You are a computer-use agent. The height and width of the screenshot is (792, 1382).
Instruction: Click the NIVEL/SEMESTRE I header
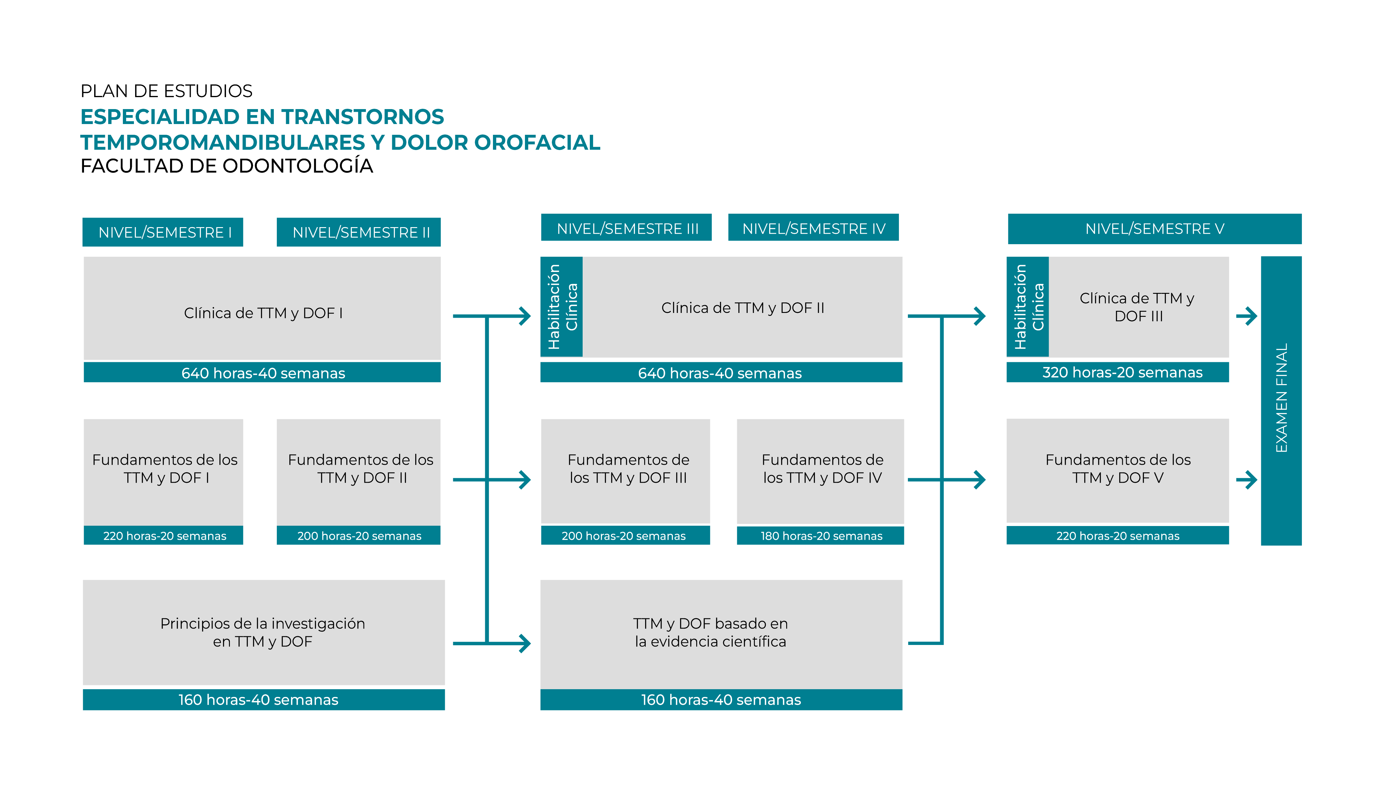coord(163,232)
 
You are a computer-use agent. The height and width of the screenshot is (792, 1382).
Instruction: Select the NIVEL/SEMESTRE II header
coord(358,232)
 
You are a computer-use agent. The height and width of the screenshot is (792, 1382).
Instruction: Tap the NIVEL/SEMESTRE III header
coord(626,228)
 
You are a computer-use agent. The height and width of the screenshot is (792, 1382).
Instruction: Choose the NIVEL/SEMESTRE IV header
coord(813,228)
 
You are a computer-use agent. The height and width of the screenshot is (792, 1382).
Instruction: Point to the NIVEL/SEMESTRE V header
coord(1155,228)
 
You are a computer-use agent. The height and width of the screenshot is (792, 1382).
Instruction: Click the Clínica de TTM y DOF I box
coord(262,308)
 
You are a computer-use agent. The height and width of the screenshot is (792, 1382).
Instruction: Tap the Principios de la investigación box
coord(263,632)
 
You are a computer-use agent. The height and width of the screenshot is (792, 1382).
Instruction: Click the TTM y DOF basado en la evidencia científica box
coord(721,634)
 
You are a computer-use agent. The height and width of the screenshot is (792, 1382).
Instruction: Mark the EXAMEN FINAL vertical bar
coord(1281,400)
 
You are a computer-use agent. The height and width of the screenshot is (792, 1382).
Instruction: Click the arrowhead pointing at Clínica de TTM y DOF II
coord(525,316)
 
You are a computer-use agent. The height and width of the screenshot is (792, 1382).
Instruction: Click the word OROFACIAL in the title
coord(537,143)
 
